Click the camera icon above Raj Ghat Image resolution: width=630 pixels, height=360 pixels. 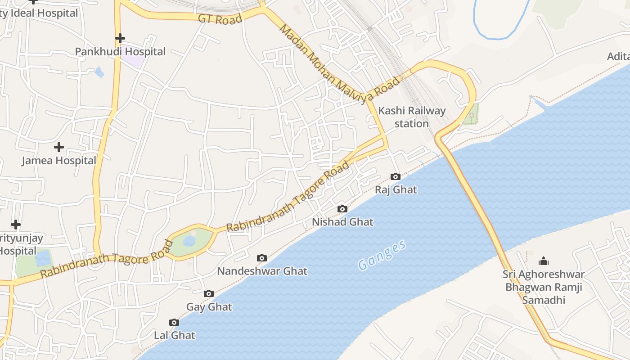click(396, 176)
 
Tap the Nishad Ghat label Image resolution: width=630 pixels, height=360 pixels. click(342, 222)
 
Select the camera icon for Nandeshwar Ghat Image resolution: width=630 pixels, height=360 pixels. click(262, 258)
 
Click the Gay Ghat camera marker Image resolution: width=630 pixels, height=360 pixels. click(208, 294)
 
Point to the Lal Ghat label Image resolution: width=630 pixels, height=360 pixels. click(175, 335)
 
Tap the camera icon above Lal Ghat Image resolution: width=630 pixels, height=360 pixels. click(174, 322)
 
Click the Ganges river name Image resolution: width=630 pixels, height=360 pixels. click(382, 255)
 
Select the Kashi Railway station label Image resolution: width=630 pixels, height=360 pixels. click(412, 117)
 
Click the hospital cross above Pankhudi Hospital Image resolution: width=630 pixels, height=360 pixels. click(120, 38)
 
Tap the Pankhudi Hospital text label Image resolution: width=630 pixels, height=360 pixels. click(120, 52)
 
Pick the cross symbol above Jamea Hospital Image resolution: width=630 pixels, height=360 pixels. click(59, 147)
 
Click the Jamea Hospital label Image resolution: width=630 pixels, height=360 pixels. click(59, 161)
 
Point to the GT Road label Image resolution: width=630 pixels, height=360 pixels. click(220, 19)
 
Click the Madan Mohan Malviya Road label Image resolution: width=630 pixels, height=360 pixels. click(339, 63)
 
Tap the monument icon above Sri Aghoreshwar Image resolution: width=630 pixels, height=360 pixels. click(544, 261)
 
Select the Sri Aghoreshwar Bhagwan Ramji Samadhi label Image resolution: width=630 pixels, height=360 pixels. click(544, 287)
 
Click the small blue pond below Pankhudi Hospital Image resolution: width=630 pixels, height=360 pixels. click(99, 72)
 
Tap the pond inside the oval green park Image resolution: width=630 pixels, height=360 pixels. click(189, 241)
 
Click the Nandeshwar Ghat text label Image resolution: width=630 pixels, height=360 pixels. click(262, 271)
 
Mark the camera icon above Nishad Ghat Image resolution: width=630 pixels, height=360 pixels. click(342, 209)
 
